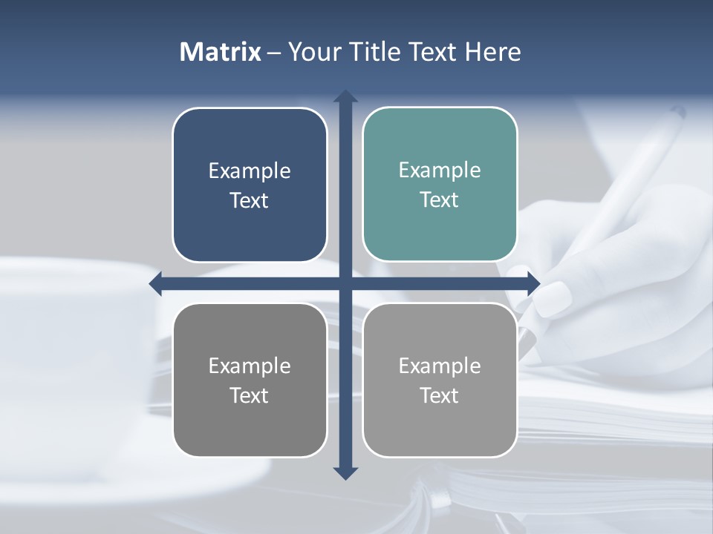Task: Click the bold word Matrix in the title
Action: click(220, 52)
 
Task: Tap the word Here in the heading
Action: click(493, 52)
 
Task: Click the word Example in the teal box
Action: click(440, 171)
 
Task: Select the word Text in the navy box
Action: click(249, 201)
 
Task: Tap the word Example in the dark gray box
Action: click(249, 366)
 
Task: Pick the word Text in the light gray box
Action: click(439, 395)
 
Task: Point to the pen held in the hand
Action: click(639, 171)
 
